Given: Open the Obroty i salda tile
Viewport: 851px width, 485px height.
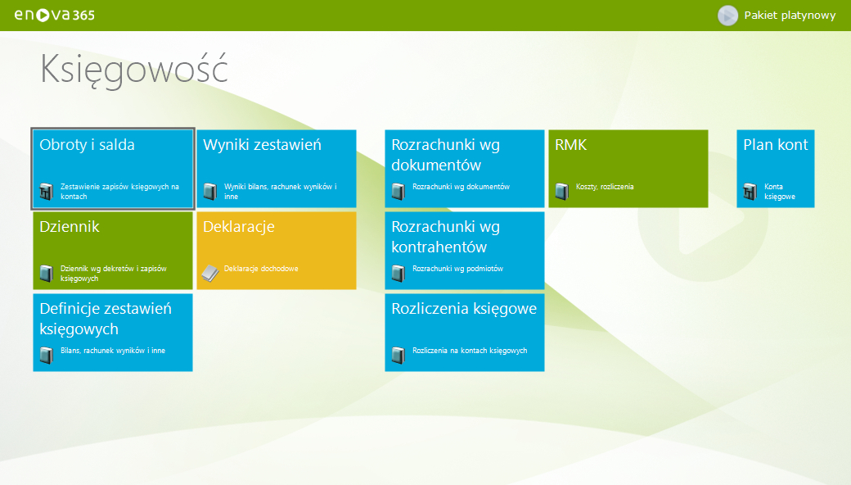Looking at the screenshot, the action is (113, 169).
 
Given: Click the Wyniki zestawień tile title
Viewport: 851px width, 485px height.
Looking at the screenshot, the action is (262, 145).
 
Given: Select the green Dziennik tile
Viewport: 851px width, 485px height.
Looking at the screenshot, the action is (113, 251).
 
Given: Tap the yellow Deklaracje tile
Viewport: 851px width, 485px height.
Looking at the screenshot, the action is (277, 251).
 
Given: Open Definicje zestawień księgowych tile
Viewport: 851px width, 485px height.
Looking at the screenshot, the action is (113, 333).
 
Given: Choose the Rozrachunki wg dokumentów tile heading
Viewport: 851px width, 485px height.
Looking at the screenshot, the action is (446, 155).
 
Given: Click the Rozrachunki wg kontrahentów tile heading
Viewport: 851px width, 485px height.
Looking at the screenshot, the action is (446, 237).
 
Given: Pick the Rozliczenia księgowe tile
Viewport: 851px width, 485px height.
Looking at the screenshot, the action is (465, 333).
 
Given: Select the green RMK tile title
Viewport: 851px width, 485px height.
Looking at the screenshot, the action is (571, 145).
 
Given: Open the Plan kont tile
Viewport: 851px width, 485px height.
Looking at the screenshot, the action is (776, 169).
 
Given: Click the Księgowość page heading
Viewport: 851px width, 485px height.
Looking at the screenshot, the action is (134, 70).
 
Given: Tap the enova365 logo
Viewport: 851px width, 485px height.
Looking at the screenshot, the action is (54, 16).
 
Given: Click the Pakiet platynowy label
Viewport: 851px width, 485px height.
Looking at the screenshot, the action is (790, 16).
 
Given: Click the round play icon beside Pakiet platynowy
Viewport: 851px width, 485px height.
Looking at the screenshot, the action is (727, 16).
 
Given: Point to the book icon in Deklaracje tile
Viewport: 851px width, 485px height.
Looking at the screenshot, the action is (210, 273).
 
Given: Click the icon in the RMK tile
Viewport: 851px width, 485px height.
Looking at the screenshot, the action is (562, 191).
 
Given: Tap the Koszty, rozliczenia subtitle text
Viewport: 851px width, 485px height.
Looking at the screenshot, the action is (605, 187).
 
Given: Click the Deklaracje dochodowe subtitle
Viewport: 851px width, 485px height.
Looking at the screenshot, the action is (261, 269).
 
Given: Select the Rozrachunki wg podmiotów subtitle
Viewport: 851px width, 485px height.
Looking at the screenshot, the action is (457, 269).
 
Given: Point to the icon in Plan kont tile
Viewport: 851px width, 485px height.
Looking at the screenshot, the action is (750, 191).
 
